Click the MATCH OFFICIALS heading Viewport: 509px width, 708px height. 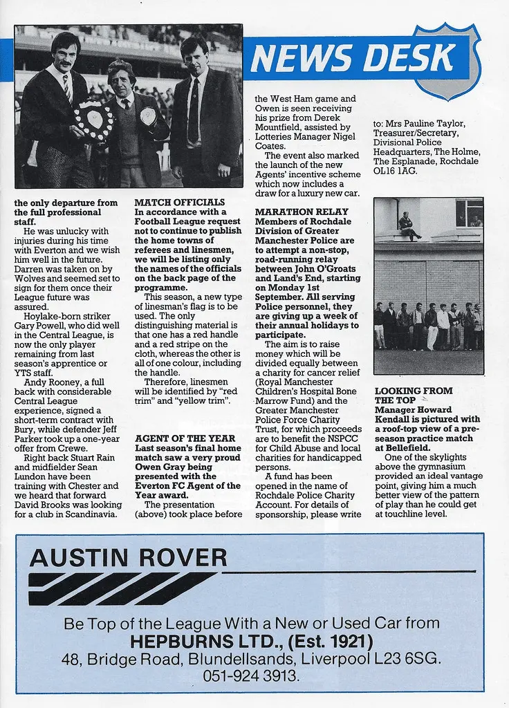click(179, 203)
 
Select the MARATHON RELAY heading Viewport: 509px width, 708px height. click(302, 212)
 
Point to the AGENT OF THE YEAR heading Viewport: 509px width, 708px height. click(185, 438)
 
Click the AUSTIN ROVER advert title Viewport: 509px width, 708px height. click(128, 558)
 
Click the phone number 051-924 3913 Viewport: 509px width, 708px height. click(251, 676)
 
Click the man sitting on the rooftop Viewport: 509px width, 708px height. click(409, 226)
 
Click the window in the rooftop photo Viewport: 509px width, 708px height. click(469, 212)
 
